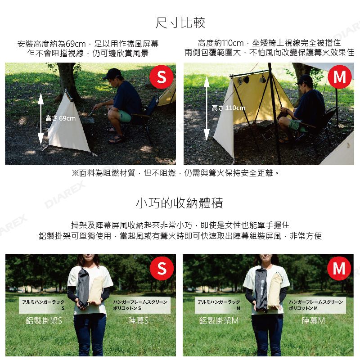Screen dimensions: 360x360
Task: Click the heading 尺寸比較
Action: [180, 23]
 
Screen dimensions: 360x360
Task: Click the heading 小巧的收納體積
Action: [180, 203]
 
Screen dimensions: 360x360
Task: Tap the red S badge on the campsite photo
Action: [162, 77]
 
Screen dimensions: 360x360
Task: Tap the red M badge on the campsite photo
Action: [340, 77]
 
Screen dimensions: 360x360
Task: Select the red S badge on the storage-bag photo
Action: [162, 268]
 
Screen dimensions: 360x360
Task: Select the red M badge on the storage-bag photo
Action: [339, 268]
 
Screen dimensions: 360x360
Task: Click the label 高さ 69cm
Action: [60, 118]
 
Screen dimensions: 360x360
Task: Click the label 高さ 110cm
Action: [229, 108]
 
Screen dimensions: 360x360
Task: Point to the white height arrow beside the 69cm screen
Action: [40, 119]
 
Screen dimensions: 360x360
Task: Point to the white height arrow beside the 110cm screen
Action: [207, 108]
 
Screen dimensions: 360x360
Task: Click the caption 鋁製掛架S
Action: [44, 320]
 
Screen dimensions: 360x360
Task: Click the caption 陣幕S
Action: [138, 320]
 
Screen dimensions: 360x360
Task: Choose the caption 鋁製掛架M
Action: [219, 320]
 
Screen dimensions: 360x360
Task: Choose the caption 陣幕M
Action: [313, 320]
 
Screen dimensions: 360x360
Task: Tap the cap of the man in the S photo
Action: [112, 74]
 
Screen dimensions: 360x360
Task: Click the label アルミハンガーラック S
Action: [43, 305]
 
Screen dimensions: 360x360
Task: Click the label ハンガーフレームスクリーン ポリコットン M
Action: [316, 305]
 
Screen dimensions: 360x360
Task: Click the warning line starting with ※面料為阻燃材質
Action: [176, 173]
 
